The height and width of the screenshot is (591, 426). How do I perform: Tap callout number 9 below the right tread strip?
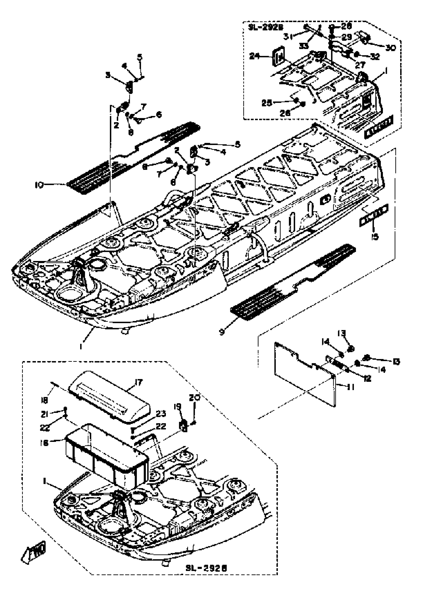[222, 332]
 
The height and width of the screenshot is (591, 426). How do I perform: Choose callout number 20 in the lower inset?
[194, 398]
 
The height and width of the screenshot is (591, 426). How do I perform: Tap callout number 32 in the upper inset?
[375, 56]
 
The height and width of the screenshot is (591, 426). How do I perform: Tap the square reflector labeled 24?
[278, 57]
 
